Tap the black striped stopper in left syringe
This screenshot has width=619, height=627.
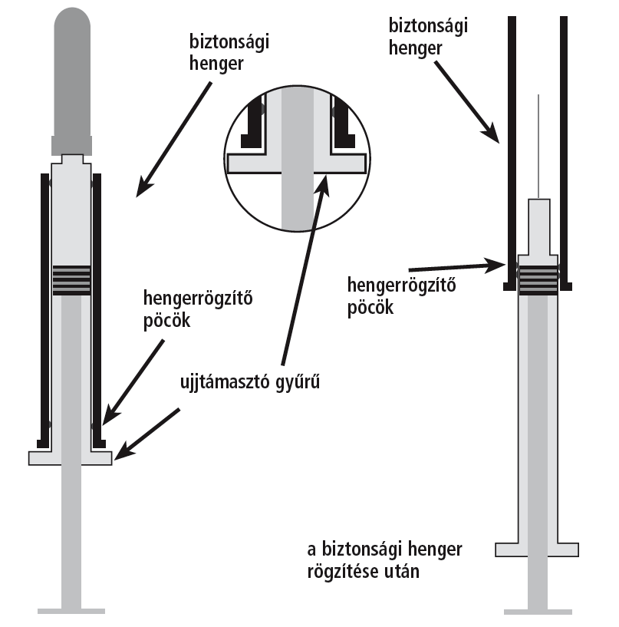[71, 280]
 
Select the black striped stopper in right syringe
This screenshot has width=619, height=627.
[538, 279]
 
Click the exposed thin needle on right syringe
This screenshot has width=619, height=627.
[539, 146]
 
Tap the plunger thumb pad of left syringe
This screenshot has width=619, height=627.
[71, 611]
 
